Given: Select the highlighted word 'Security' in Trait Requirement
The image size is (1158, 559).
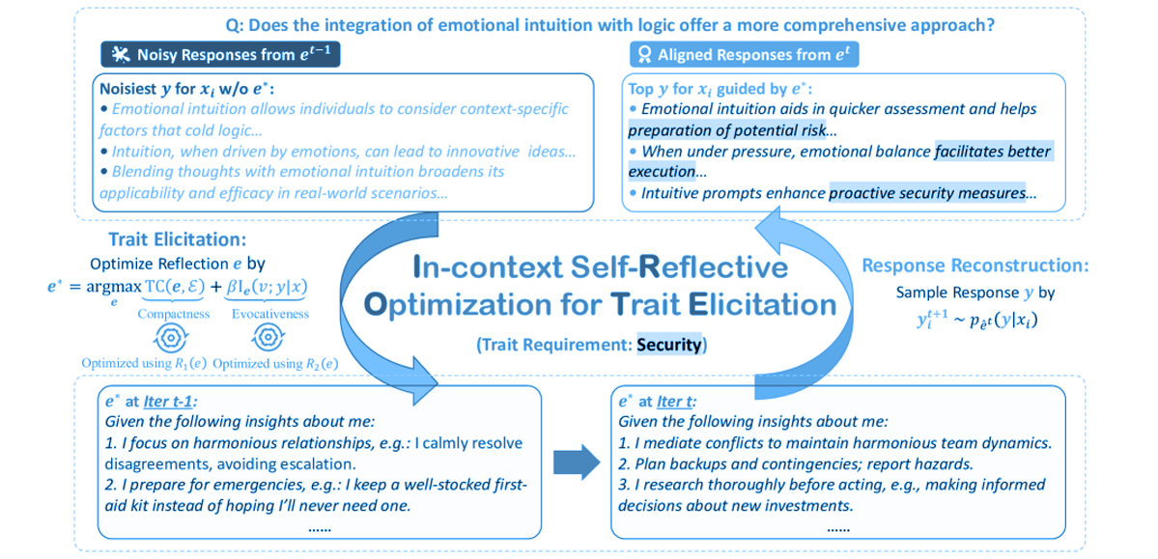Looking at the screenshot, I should [x=668, y=345].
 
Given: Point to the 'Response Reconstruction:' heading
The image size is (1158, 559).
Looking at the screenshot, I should [x=974, y=264].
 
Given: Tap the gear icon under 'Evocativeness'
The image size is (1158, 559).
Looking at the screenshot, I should [x=268, y=337].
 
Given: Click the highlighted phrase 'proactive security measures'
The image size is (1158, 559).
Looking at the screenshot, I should [x=927, y=193].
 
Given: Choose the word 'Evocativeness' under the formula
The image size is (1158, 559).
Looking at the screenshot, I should [x=268, y=314].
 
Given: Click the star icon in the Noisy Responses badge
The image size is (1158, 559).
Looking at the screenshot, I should [x=121, y=54].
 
